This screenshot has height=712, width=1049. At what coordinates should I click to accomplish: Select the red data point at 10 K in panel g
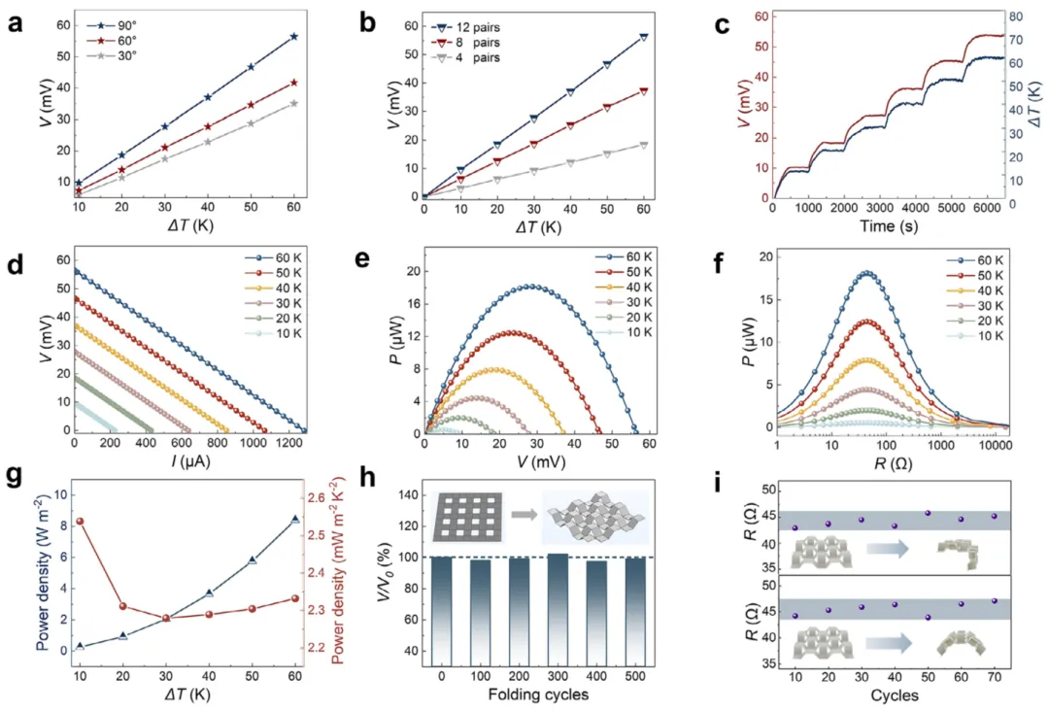tap(80, 522)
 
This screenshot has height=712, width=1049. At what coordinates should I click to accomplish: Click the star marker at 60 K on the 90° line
tap(294, 37)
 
